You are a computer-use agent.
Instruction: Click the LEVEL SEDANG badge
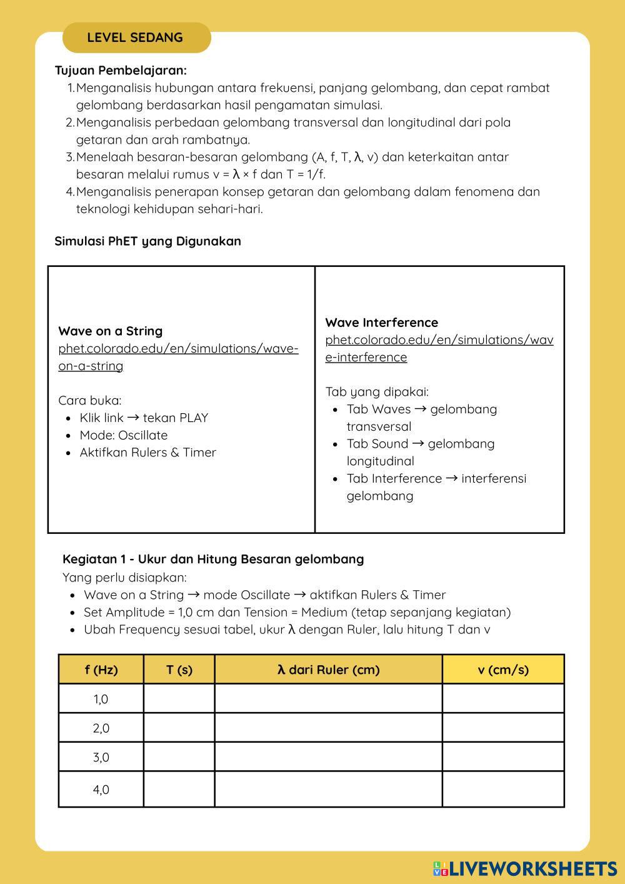point(136,38)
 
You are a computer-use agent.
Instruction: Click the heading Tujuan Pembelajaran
point(121,71)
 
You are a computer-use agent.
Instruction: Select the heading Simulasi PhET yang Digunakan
point(147,241)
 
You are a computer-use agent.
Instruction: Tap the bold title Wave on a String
point(110,331)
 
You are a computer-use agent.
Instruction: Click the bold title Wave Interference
point(381,323)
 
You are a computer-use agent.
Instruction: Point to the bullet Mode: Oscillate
point(123,435)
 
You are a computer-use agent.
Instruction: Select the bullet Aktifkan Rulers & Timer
point(147,453)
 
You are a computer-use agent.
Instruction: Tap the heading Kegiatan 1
point(212,559)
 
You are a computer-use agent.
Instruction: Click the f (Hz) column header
point(101,670)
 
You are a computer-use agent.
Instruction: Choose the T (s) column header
point(179,670)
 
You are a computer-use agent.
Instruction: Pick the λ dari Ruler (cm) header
point(328,670)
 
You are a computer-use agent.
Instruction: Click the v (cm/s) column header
point(503,670)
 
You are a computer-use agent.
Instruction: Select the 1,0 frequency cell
point(101,699)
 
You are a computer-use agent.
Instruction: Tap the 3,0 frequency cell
point(101,757)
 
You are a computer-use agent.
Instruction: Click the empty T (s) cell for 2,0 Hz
point(179,728)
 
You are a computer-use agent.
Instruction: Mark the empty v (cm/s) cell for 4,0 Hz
point(503,789)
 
